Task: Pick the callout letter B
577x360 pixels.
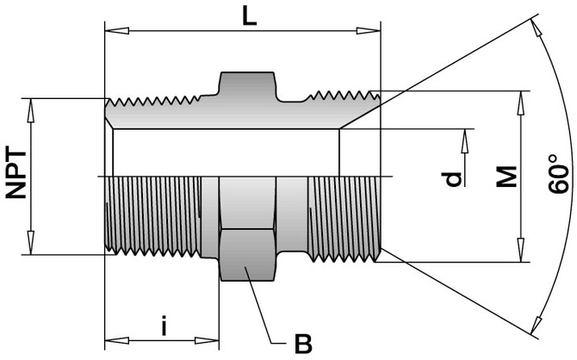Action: coord(302,344)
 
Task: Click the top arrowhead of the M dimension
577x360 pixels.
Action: coord(522,97)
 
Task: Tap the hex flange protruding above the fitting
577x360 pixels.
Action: coord(247,84)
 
